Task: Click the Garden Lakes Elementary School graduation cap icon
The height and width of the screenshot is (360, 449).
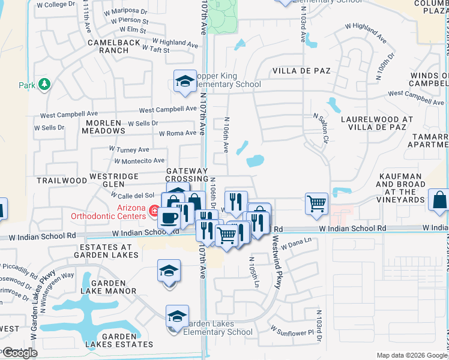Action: [178, 316]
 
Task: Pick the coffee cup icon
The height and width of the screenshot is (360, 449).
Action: [171, 218]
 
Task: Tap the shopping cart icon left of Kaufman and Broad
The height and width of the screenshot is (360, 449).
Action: [316, 203]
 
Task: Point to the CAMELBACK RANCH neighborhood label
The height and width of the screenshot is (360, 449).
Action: [108, 47]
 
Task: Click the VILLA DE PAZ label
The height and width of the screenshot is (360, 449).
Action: [301, 71]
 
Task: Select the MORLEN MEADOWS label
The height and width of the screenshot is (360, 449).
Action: [105, 127]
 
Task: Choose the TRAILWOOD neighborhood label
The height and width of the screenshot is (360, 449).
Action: [62, 180]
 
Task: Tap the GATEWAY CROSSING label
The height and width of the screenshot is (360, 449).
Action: [187, 175]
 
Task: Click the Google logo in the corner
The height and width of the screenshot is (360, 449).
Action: [20, 353]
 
